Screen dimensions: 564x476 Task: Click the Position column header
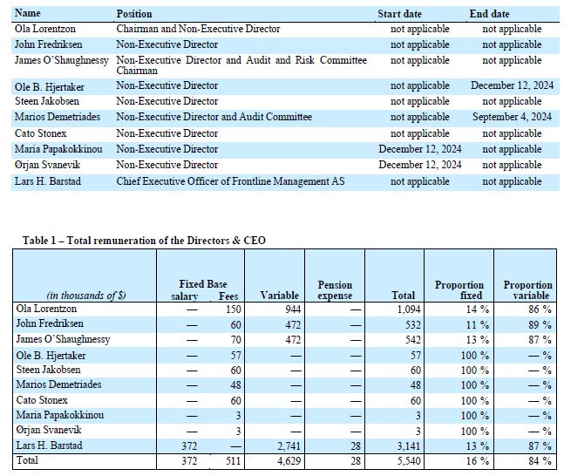(x=133, y=14)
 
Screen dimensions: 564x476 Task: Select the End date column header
(x=489, y=14)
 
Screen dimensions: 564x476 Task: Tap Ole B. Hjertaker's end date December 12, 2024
(x=512, y=85)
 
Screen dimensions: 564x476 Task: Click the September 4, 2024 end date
(x=512, y=117)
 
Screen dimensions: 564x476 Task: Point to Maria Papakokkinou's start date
(x=420, y=149)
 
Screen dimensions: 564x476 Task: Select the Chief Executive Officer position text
(x=230, y=181)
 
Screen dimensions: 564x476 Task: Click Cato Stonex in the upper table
(x=41, y=133)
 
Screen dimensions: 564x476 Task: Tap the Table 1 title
(x=144, y=240)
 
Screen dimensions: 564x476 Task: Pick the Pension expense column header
(x=335, y=290)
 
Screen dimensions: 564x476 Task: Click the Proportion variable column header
(x=527, y=290)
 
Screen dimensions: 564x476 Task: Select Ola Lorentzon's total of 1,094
(x=409, y=309)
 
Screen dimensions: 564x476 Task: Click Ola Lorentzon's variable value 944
(x=292, y=309)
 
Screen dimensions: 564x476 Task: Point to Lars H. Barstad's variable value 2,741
(x=289, y=446)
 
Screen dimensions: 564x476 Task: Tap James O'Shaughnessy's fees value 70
(x=235, y=340)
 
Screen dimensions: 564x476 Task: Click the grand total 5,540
(x=409, y=461)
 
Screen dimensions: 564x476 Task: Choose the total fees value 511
(x=233, y=461)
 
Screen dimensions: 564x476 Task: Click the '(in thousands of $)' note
(x=86, y=296)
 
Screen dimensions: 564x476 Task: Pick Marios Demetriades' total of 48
(x=415, y=385)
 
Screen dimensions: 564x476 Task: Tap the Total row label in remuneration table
(x=27, y=460)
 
